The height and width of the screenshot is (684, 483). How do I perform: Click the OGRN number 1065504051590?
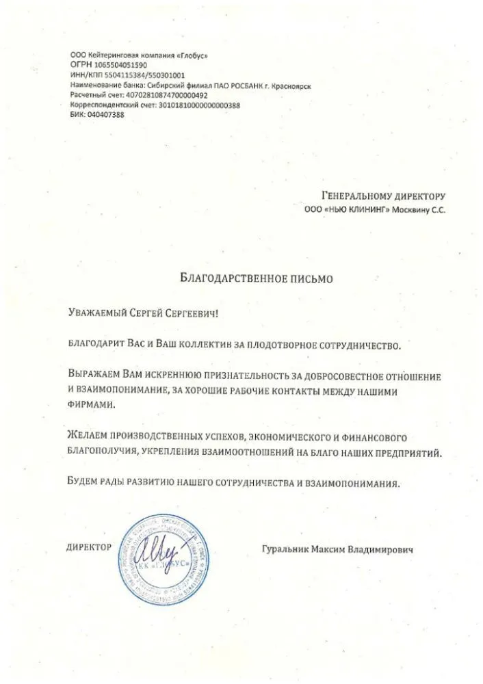128,65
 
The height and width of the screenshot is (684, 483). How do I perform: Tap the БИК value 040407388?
106,115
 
